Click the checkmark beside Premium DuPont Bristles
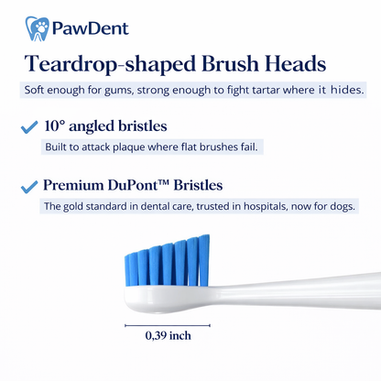[28, 187]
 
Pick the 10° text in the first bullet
[57, 126]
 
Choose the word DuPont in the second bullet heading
[133, 186]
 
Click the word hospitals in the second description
[249, 207]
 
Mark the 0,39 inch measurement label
[169, 336]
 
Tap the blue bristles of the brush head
[167, 260]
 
